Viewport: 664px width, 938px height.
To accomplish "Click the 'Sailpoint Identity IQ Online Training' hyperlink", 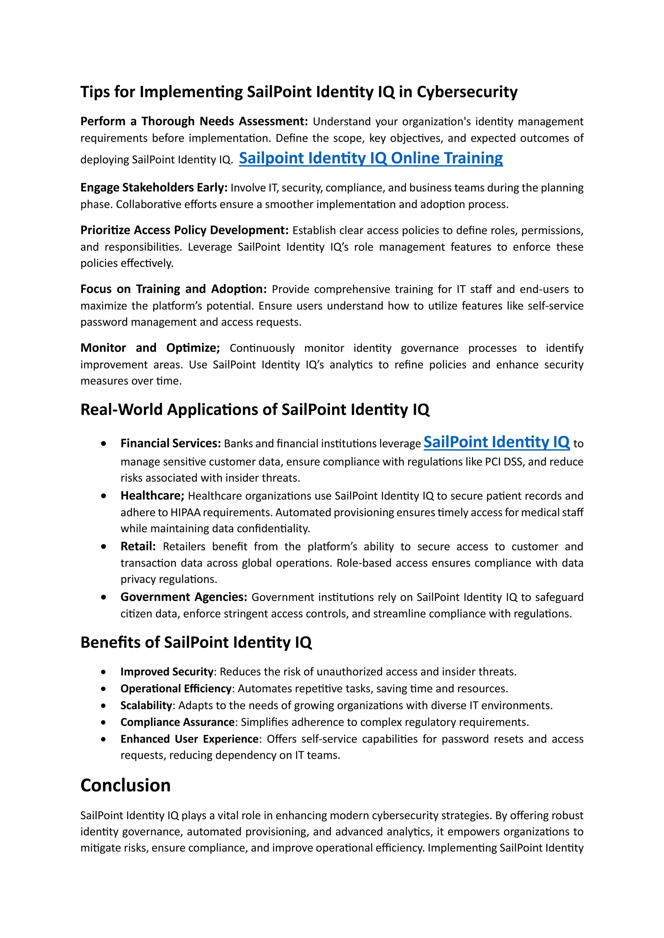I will coord(371,158).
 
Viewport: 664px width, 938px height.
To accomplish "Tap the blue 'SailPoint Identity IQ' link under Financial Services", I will coord(496,442).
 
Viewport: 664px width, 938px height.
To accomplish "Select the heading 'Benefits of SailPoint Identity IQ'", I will coord(196,643).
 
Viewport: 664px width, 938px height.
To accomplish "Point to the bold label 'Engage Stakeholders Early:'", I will coord(154,188).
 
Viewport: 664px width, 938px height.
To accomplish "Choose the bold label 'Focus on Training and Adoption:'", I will coord(173,289).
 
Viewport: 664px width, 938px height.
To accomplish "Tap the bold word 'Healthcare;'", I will coord(152,496).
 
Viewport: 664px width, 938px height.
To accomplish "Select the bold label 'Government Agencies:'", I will coord(184,597).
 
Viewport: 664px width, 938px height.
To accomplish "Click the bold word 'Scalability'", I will coord(146,705).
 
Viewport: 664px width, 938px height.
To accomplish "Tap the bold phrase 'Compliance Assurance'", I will coord(177,722).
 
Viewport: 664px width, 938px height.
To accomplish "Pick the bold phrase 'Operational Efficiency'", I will coord(176,689).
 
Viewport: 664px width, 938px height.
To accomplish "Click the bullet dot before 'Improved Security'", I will coord(103,672).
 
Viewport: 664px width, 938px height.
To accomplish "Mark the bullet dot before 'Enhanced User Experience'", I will coord(103,739).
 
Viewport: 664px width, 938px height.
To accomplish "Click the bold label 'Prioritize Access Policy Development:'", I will coord(184,230).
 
